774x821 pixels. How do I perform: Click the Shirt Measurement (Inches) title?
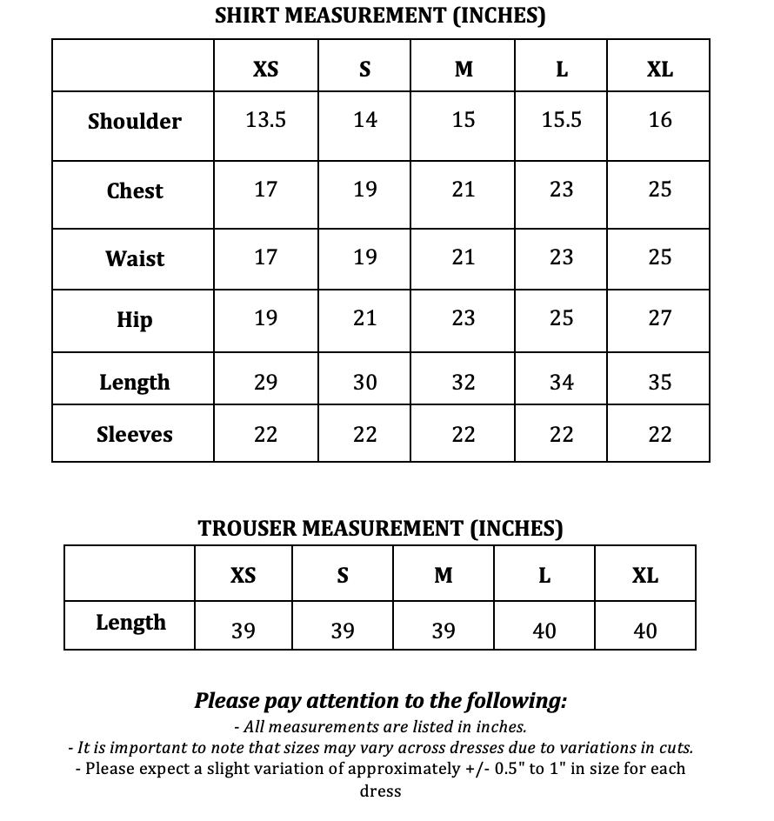[380, 16]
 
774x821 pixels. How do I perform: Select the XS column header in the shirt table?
[265, 70]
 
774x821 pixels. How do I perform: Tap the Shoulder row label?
[135, 122]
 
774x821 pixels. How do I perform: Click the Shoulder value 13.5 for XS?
[265, 120]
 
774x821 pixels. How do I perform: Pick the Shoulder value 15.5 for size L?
[561, 120]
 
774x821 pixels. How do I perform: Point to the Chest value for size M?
[464, 190]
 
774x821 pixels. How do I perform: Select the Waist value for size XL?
[660, 257]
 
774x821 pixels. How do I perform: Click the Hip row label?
[135, 320]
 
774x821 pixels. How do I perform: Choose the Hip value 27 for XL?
[660, 318]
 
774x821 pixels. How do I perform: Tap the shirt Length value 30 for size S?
[365, 382]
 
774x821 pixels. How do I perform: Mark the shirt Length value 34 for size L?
[561, 382]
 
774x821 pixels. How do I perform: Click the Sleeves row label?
[135, 434]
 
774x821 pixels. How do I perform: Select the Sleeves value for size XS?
[265, 434]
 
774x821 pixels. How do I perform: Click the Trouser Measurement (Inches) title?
[380, 528]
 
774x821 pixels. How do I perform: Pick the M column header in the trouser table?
[444, 576]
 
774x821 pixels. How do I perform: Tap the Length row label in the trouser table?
[130, 623]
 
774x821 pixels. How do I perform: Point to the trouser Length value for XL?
[645, 631]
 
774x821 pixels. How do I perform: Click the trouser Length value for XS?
[244, 631]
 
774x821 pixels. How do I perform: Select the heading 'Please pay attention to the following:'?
[380, 701]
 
